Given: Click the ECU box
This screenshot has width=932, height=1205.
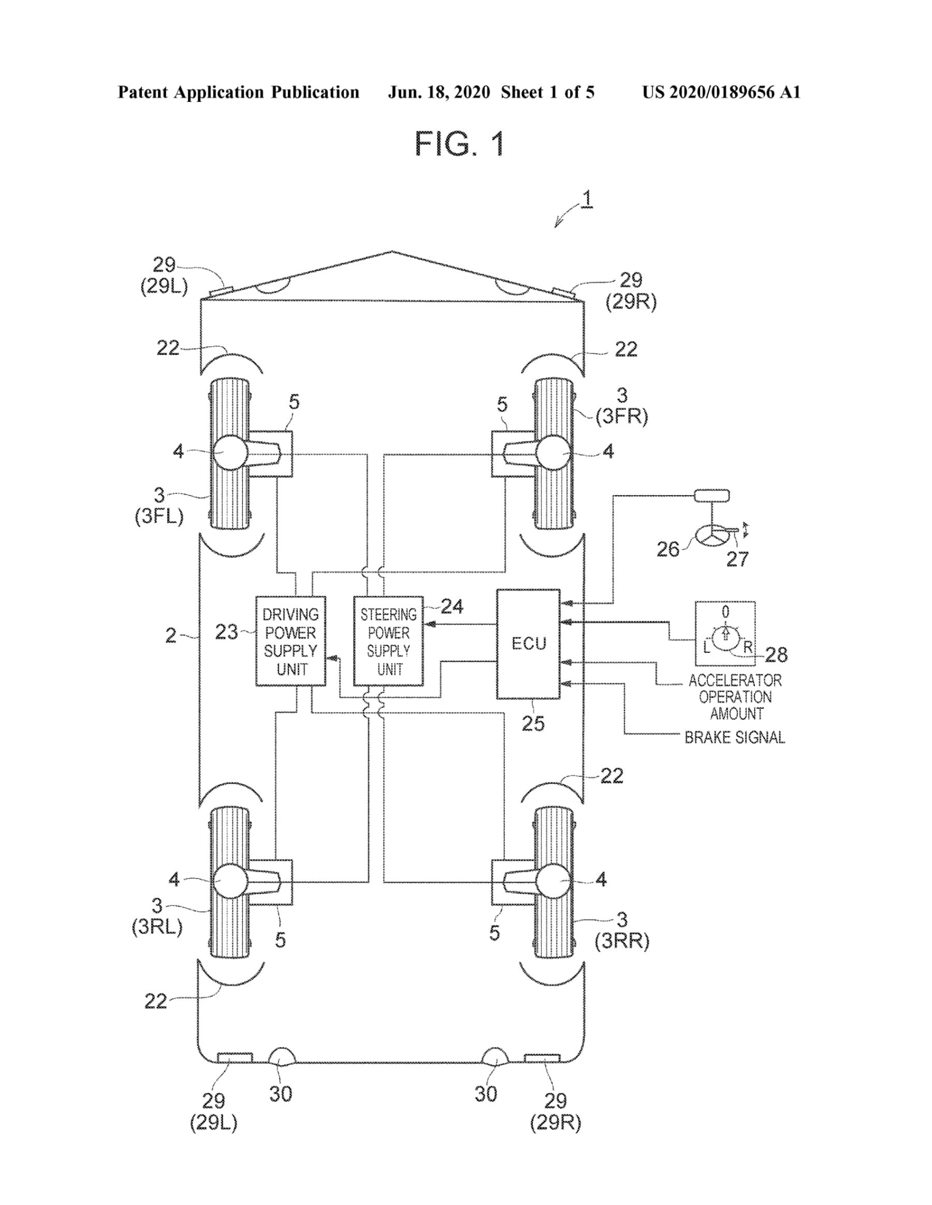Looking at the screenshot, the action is (x=528, y=644).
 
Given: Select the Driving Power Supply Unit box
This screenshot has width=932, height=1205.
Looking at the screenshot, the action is (x=290, y=641).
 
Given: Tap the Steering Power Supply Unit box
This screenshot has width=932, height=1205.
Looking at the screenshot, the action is (x=388, y=641).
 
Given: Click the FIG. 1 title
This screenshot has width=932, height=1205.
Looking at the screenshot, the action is (x=460, y=144).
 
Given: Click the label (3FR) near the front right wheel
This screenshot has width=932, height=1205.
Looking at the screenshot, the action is (x=622, y=416).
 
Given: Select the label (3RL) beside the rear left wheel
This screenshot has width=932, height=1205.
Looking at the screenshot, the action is (x=157, y=927).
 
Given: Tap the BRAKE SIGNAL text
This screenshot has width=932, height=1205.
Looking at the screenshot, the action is (x=734, y=737).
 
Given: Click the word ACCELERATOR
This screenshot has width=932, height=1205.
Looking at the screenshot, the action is (x=735, y=680).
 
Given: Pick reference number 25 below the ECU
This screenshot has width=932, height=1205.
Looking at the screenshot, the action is (x=533, y=723).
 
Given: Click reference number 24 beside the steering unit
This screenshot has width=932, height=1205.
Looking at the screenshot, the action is (x=452, y=607).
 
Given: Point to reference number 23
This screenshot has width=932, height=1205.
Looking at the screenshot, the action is (x=226, y=632).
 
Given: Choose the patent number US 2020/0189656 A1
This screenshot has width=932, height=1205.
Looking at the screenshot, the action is (x=721, y=92).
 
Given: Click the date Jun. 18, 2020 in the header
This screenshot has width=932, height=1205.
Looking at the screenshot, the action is (x=439, y=92).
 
